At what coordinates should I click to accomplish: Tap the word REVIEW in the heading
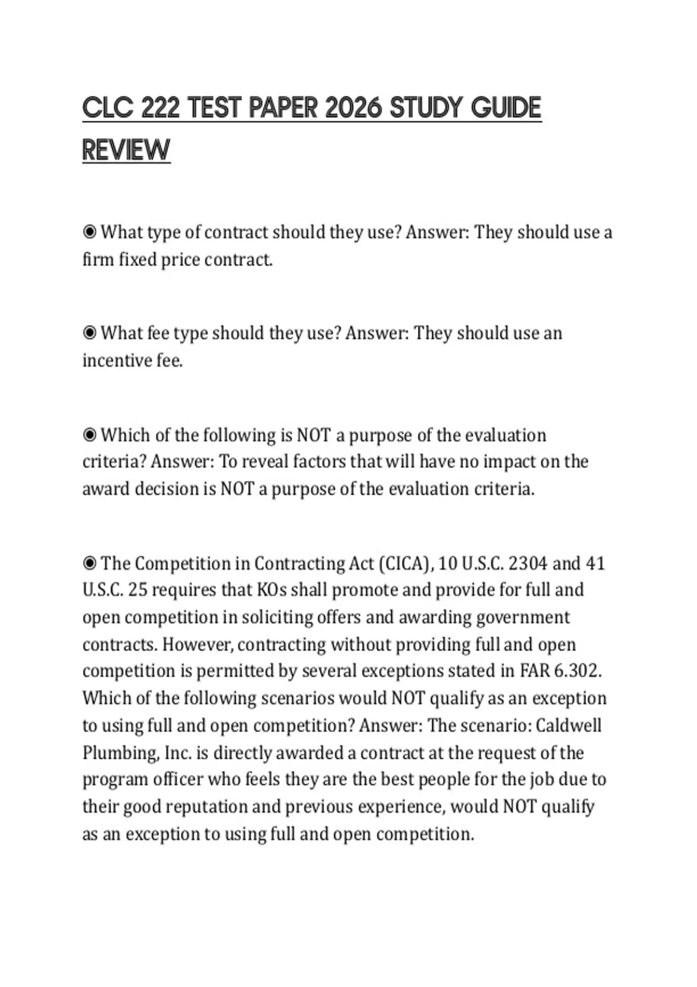pos(126,150)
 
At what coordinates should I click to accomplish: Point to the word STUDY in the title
pos(425,109)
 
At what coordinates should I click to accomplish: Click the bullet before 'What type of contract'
pos(89,232)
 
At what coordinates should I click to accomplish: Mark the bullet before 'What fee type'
pos(89,333)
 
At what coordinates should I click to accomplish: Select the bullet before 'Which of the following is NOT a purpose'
pos(89,435)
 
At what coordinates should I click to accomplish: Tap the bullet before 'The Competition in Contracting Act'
pos(89,563)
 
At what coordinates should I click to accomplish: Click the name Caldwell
pos(568,726)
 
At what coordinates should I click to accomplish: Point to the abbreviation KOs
pos(271,590)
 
